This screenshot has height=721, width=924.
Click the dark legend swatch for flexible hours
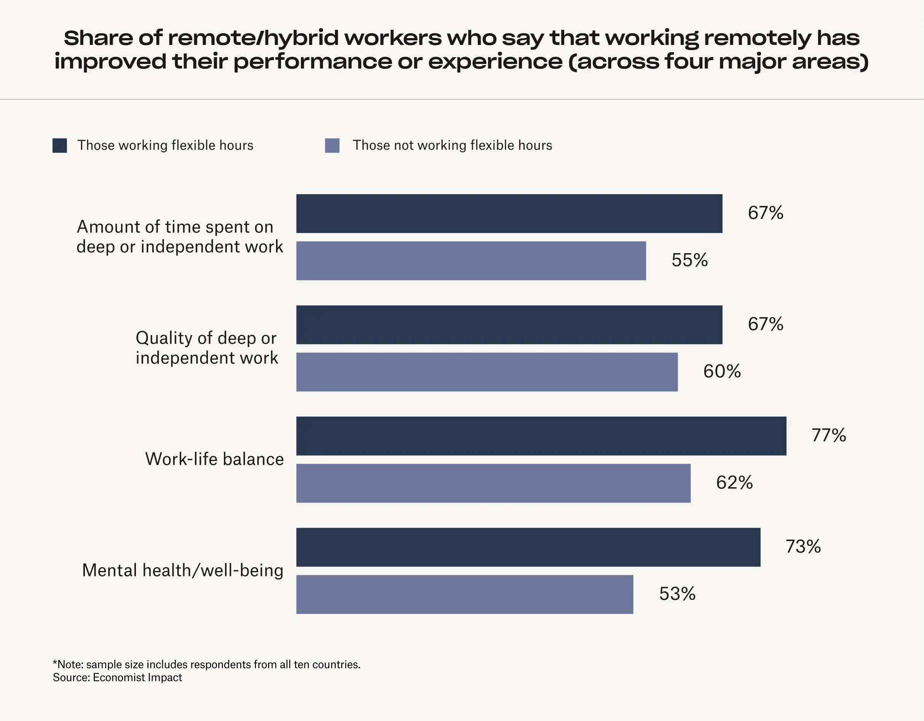(x=60, y=145)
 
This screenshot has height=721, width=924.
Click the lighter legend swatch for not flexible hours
(x=332, y=145)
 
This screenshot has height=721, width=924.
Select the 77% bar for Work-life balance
(x=541, y=436)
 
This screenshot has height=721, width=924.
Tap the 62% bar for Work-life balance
(x=493, y=483)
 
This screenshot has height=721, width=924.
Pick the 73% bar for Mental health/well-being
(x=528, y=547)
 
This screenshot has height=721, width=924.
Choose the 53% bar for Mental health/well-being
(x=464, y=594)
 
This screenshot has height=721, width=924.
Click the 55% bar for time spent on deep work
(x=471, y=261)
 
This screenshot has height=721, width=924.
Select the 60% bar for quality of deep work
(x=487, y=372)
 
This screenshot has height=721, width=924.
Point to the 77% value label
(x=828, y=435)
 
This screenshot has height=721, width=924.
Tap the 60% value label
(x=722, y=371)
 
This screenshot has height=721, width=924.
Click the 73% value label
(x=803, y=546)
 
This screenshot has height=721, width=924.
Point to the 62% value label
(x=734, y=482)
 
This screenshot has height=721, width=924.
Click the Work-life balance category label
(x=214, y=459)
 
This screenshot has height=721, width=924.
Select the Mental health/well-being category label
(x=183, y=570)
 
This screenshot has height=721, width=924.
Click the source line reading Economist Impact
(x=117, y=678)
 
